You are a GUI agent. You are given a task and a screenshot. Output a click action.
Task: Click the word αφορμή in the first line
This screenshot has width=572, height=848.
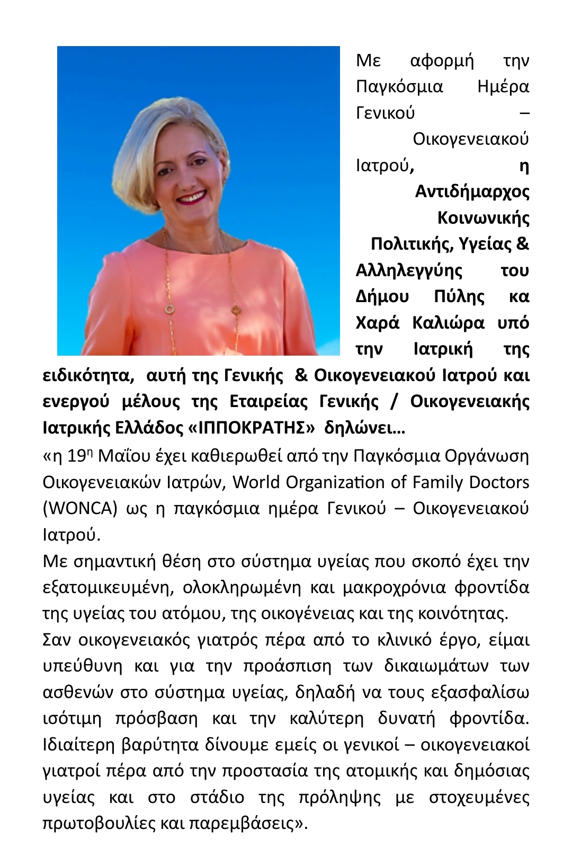click(442, 61)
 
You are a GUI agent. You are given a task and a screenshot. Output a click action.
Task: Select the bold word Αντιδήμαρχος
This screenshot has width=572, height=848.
click(472, 192)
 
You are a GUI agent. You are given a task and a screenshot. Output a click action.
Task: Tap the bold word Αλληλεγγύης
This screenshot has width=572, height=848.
click(409, 271)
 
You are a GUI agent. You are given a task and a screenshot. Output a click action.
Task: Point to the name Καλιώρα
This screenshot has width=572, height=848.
click(448, 323)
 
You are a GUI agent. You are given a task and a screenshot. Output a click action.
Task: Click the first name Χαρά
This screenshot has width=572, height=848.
click(377, 323)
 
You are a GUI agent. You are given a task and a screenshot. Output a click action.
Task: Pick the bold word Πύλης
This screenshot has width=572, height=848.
click(459, 297)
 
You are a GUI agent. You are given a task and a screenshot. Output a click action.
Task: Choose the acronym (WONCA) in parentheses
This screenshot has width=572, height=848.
click(79, 508)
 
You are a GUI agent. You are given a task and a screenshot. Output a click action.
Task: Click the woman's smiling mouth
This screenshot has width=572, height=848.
click(192, 198)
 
